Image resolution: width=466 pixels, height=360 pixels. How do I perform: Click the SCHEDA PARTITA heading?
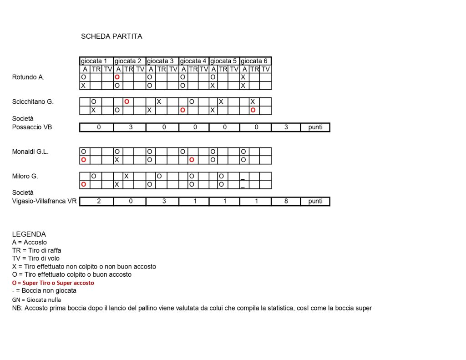click(x=111, y=36)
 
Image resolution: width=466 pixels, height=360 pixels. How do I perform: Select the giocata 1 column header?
click(x=94, y=61)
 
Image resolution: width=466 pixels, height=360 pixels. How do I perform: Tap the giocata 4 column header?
click(x=193, y=61)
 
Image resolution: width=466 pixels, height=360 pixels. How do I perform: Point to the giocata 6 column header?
click(x=254, y=61)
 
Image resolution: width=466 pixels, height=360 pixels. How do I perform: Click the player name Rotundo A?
click(x=28, y=77)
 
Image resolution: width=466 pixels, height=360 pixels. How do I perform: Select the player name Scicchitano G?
click(x=33, y=102)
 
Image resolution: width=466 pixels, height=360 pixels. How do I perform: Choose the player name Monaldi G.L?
click(x=30, y=152)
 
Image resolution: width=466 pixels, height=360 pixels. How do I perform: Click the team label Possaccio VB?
click(x=32, y=127)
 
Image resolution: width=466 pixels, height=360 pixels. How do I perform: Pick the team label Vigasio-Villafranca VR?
click(x=44, y=201)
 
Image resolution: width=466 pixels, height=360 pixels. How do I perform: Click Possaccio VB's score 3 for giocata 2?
click(x=131, y=127)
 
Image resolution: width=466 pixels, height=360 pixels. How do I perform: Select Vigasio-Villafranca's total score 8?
click(x=286, y=201)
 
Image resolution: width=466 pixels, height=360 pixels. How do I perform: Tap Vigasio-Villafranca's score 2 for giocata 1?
click(x=99, y=201)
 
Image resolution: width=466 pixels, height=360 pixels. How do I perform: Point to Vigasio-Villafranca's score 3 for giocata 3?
click(x=164, y=201)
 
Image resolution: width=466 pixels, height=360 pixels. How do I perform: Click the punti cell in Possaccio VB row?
click(x=315, y=127)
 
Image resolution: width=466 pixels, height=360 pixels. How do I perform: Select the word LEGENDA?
click(x=29, y=234)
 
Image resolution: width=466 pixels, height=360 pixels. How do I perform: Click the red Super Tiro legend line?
click(x=53, y=283)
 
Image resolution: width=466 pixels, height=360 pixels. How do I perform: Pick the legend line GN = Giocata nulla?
click(x=36, y=300)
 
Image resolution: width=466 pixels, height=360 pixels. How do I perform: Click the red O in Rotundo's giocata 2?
click(x=117, y=77)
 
